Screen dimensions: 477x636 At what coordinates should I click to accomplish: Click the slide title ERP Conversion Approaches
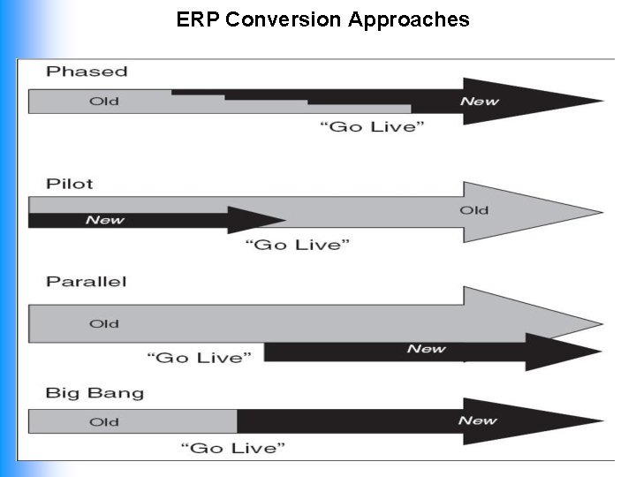point(322,19)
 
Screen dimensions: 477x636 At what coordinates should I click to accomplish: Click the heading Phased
point(87,72)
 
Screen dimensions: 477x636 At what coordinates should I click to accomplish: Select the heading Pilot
point(70,184)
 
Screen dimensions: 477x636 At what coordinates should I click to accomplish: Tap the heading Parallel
point(87,282)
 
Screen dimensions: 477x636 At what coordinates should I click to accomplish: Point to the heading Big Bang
point(95,393)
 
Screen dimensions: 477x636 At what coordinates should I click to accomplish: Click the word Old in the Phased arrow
point(104,102)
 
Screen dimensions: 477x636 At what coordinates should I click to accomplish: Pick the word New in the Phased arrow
point(479,102)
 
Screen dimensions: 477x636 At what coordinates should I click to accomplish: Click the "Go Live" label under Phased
point(372,127)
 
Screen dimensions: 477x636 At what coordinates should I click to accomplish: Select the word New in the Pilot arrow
point(104,220)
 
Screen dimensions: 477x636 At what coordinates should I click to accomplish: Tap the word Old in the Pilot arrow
point(473,210)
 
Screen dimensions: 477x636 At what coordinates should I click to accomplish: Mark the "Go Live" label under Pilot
point(297,244)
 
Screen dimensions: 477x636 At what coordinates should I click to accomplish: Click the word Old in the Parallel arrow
point(104,324)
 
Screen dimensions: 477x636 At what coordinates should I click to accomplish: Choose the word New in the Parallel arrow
point(426,349)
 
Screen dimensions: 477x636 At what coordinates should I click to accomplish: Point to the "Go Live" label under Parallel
point(199,357)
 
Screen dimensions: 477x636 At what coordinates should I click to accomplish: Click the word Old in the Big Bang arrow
point(104,421)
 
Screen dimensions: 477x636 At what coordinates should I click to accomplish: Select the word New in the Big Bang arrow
point(477,420)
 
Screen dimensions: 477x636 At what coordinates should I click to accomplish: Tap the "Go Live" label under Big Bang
point(233,448)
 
